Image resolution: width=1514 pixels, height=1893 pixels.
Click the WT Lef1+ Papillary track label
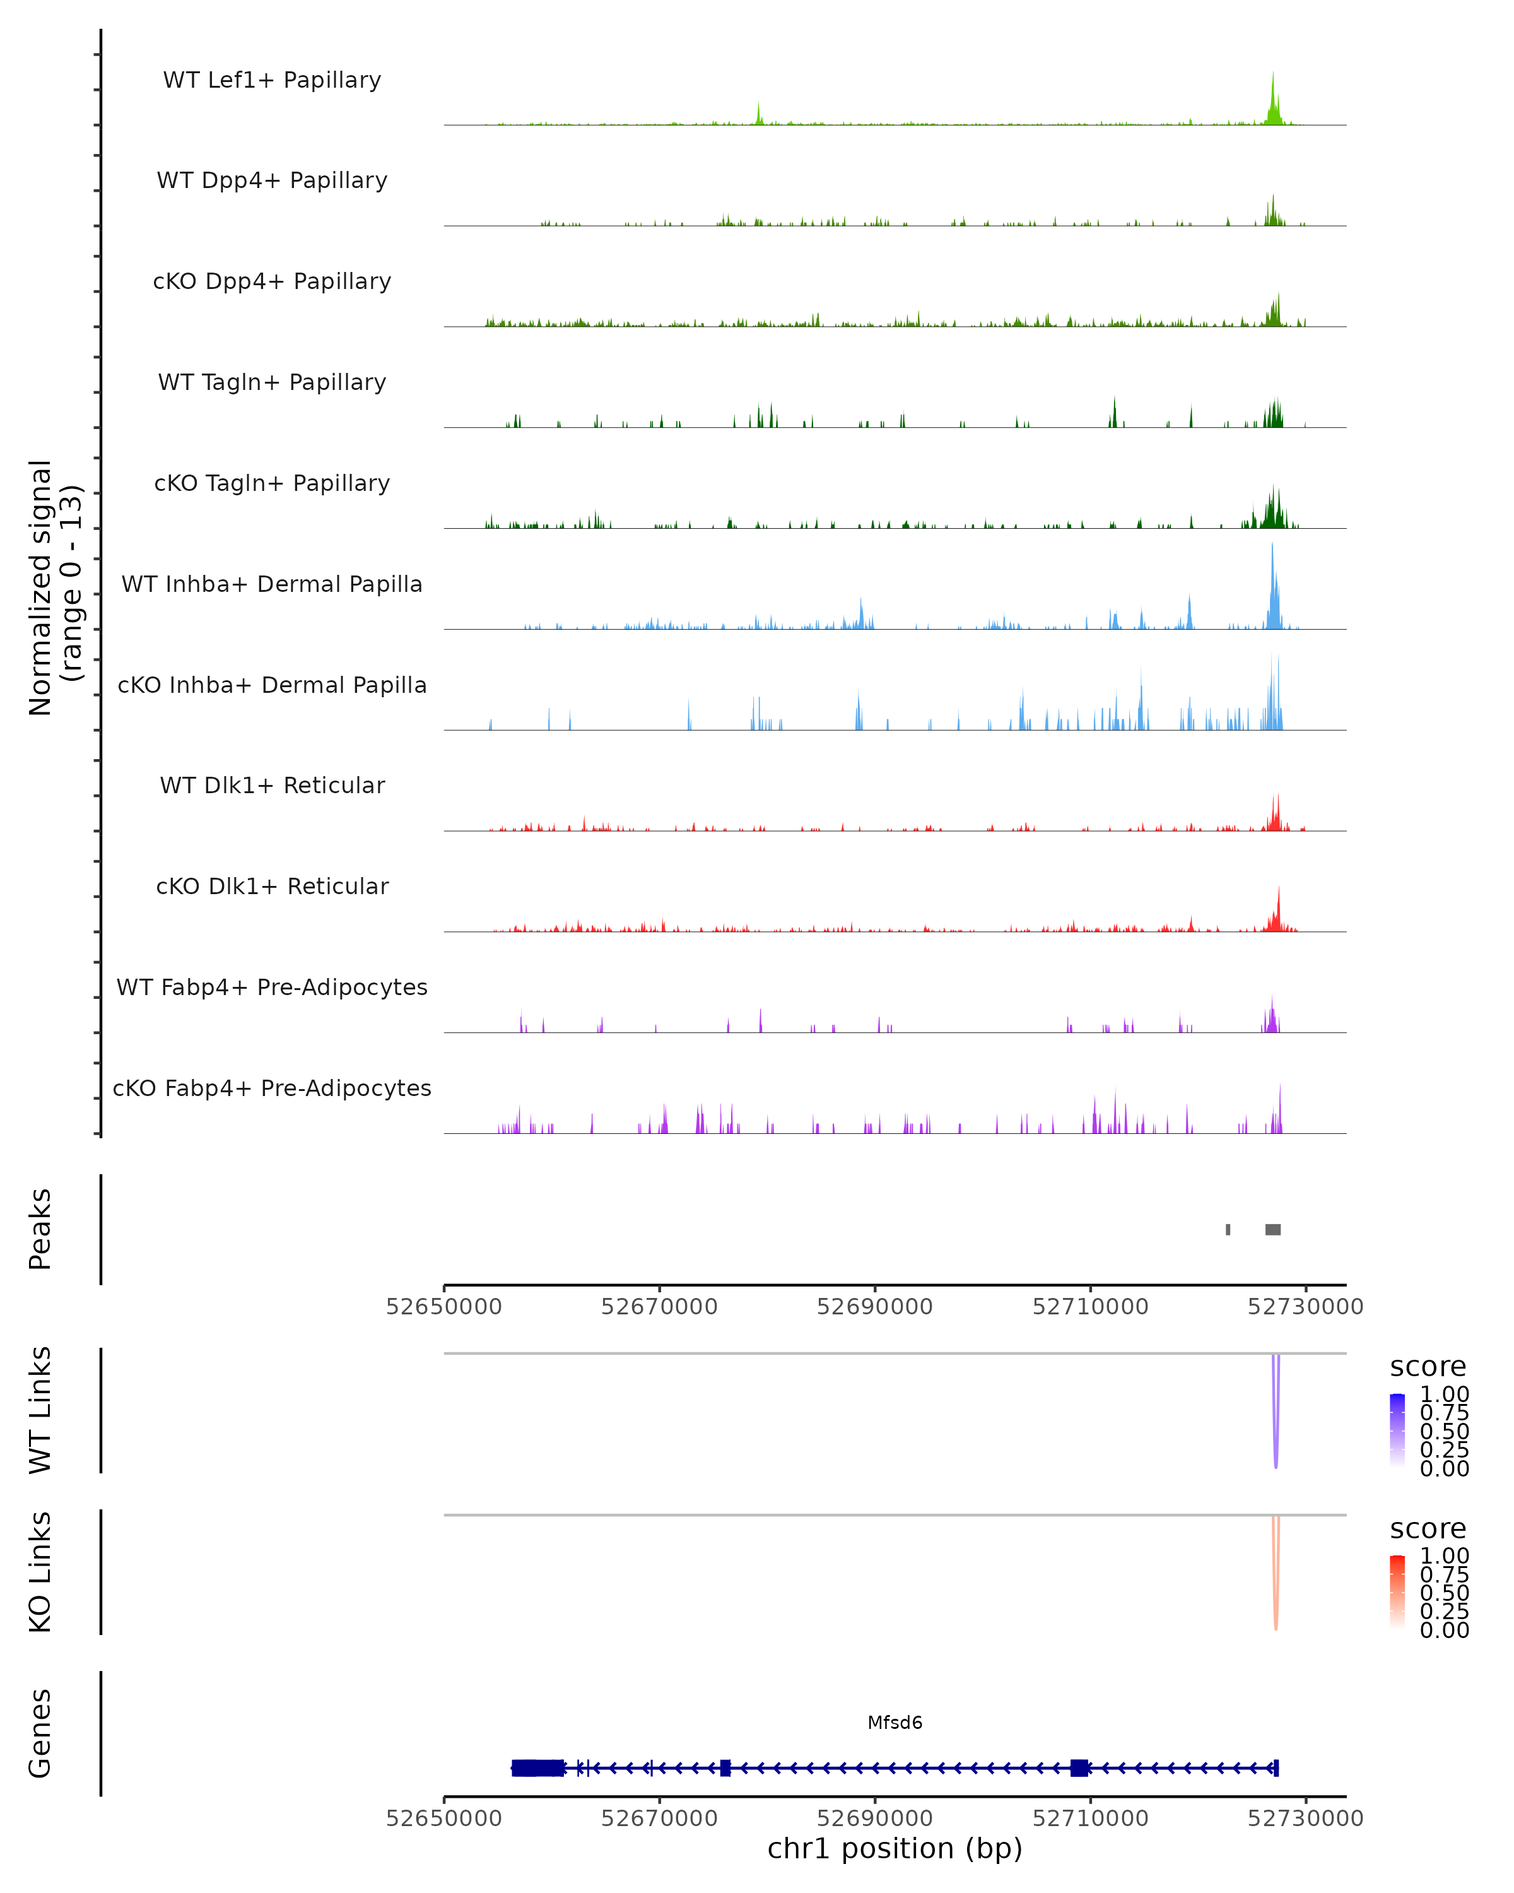[x=272, y=80]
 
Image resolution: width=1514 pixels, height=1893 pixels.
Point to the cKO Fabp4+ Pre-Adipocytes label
[x=272, y=1088]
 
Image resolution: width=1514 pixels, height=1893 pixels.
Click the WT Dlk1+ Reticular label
[x=272, y=786]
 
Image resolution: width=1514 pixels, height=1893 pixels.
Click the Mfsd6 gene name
[x=895, y=1723]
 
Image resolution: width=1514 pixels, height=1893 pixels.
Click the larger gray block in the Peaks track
[x=1272, y=1229]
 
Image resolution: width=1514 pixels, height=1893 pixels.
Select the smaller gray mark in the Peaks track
[x=1228, y=1229]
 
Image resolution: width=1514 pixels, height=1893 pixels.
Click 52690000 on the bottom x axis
[x=874, y=1819]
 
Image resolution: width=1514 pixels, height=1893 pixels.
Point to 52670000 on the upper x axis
[x=659, y=1307]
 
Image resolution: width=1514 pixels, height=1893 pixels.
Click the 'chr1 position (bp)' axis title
[x=895, y=1849]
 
